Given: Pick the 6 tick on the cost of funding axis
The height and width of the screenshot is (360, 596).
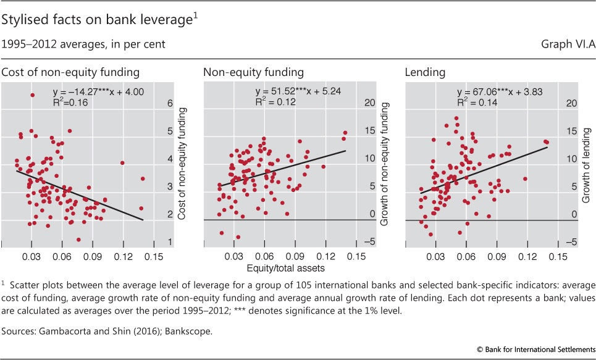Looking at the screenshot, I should (170, 104).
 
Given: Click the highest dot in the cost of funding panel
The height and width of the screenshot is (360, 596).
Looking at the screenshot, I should (32, 95).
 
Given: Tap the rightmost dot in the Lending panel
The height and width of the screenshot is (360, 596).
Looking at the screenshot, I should (547, 142).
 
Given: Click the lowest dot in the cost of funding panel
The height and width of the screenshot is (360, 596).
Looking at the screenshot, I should (78, 239).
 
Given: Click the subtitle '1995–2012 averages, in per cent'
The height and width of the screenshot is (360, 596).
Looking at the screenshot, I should (83, 45).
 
